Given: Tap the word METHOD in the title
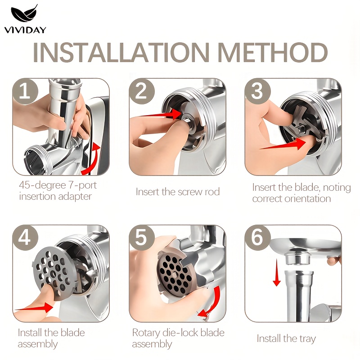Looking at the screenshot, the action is click(x=273, y=52).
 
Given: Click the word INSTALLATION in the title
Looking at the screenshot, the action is click(x=121, y=52).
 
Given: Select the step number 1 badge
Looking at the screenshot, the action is click(x=25, y=91).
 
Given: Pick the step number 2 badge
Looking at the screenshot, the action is click(x=142, y=91).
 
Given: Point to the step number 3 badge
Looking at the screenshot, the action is click(x=257, y=91).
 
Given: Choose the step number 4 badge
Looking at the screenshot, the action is click(x=25, y=238).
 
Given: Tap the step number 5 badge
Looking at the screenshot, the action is click(x=142, y=238).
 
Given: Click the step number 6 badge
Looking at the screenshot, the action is click(x=257, y=238).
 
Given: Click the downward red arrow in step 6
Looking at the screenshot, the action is click(x=277, y=273).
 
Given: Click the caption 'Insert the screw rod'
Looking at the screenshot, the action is click(x=178, y=192).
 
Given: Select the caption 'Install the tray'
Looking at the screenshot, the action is click(x=286, y=339).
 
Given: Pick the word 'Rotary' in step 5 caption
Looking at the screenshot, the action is click(x=146, y=333).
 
